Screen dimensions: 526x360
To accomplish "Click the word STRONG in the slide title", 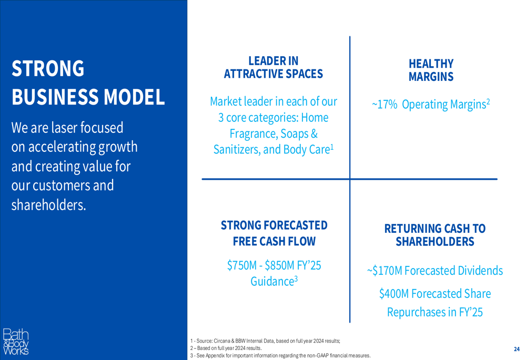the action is [48, 68].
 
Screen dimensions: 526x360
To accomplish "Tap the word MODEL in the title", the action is [134, 97].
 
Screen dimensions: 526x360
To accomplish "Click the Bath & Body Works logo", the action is [16, 342].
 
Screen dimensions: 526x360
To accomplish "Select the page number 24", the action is [517, 349].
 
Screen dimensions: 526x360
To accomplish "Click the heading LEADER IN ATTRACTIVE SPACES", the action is [274, 67].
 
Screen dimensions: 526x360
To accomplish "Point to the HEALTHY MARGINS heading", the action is [431, 70].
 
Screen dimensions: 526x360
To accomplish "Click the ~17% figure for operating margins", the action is [385, 105].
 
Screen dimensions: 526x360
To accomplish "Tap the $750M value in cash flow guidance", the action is [242, 265].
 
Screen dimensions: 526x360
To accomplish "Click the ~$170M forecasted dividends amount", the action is [385, 271].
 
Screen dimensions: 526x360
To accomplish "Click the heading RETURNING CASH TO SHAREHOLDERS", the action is [435, 235].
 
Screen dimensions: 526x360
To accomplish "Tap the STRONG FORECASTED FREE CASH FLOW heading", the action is [274, 233].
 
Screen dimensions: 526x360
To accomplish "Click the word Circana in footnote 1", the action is [222, 341].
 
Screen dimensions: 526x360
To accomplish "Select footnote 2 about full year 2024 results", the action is [226, 348].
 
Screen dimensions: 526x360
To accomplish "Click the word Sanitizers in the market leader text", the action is [237, 149].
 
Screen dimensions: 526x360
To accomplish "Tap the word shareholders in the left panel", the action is [48, 205].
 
